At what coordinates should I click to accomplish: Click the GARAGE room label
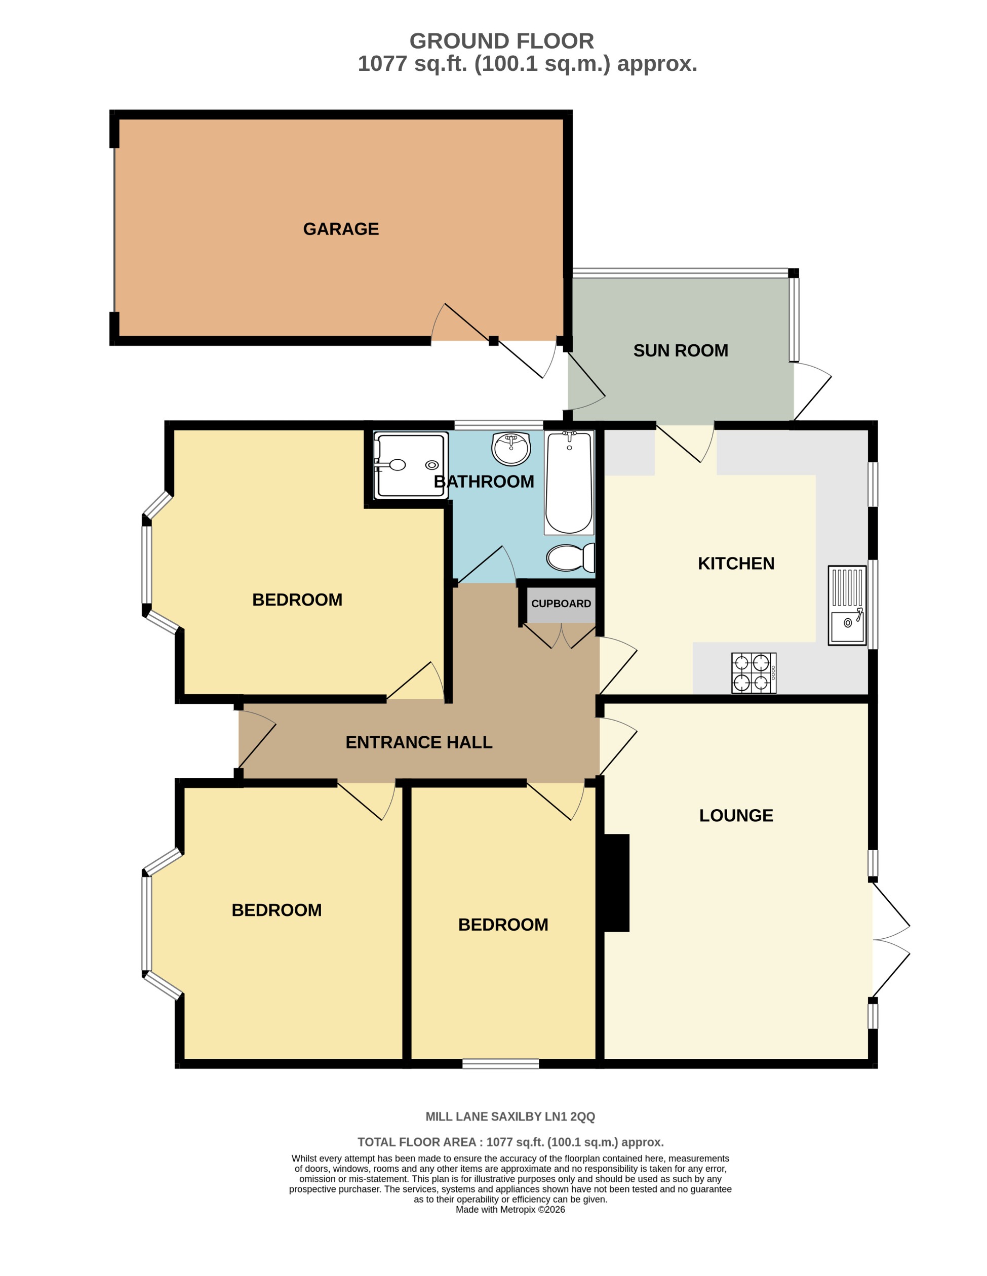click(341, 229)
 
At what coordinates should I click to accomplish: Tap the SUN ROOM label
click(680, 350)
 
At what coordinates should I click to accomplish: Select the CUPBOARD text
click(561, 604)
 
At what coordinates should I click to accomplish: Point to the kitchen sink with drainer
click(846, 605)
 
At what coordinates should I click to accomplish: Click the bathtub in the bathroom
click(569, 482)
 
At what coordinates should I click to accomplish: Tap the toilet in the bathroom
click(570, 557)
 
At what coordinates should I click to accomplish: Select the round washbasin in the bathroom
click(511, 449)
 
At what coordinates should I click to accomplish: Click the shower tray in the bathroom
click(411, 465)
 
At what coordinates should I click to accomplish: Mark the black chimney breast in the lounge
click(616, 883)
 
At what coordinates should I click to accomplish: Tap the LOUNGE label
click(736, 816)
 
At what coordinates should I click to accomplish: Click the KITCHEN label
click(736, 563)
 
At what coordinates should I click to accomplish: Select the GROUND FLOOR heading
click(501, 41)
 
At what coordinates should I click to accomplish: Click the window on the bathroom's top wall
click(498, 425)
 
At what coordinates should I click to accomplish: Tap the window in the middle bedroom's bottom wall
click(500, 1064)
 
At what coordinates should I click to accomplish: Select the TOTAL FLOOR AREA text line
click(509, 1142)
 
